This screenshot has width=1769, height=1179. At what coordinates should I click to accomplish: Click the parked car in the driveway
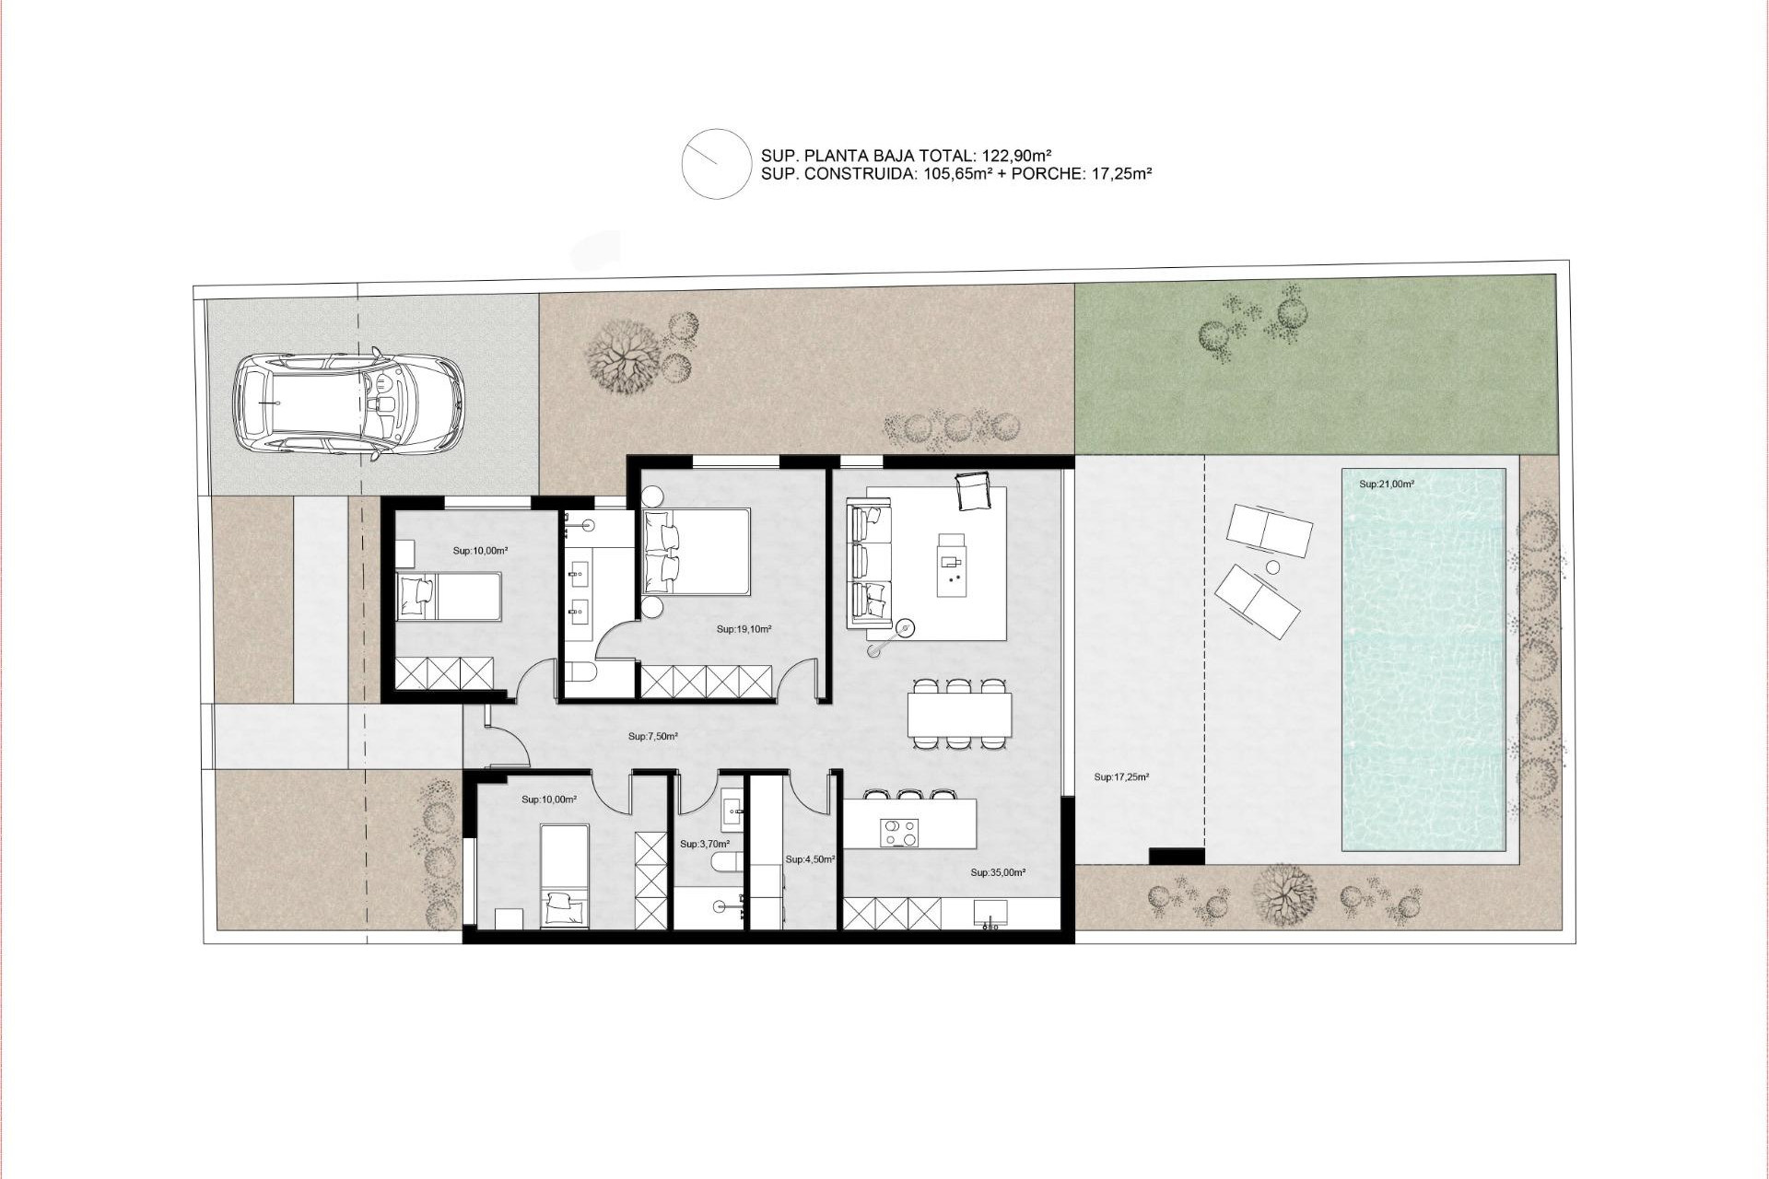click(348, 404)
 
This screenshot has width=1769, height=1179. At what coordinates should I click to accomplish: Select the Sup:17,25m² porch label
click(1121, 777)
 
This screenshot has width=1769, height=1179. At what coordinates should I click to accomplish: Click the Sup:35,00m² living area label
click(998, 872)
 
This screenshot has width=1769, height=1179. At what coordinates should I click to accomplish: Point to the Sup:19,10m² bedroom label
click(744, 630)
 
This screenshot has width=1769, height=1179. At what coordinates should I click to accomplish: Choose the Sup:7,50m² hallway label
click(653, 737)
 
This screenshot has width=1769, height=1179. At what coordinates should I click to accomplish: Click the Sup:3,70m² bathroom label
click(705, 844)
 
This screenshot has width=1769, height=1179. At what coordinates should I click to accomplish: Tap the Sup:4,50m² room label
click(810, 859)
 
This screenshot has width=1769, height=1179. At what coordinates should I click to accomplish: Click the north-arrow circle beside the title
click(717, 164)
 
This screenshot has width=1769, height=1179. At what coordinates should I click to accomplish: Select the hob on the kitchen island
click(900, 833)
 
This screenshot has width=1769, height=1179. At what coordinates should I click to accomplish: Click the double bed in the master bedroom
click(697, 551)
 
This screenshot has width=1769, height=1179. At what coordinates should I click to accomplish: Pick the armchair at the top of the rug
click(972, 490)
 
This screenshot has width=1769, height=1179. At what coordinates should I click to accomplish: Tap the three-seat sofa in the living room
click(870, 563)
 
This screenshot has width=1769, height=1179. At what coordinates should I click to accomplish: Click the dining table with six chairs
click(959, 714)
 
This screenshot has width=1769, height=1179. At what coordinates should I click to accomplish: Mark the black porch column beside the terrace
click(1177, 856)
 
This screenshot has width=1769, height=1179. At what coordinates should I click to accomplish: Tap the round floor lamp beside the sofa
click(906, 629)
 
